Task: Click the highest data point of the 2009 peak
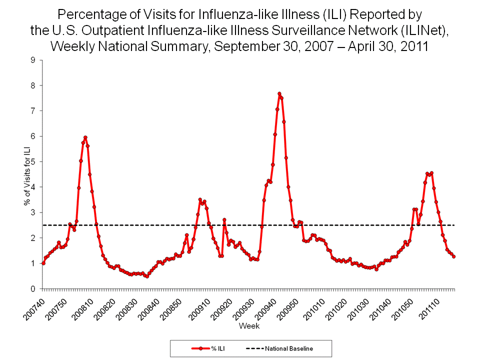(279, 93)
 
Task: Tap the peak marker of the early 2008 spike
(85, 137)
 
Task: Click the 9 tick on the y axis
(33, 60)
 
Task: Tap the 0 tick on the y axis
(33, 289)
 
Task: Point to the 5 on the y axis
(33, 161)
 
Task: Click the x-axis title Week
(248, 326)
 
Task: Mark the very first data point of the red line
(43, 263)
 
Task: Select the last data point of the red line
(453, 256)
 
